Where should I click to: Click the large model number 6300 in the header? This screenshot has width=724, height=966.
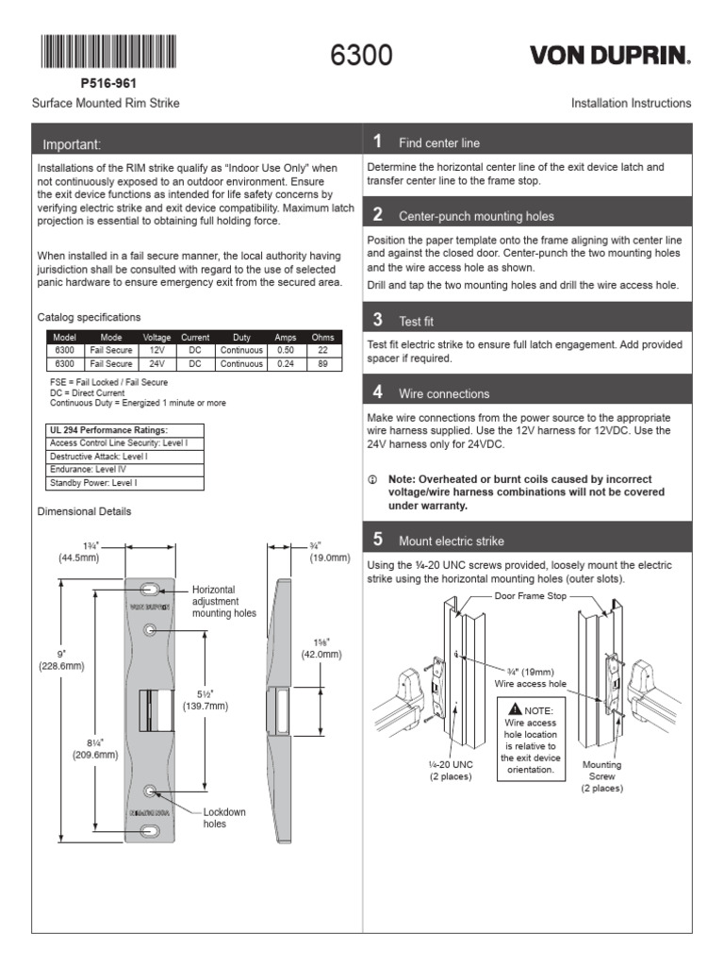(361, 56)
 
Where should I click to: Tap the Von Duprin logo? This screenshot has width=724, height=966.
(610, 56)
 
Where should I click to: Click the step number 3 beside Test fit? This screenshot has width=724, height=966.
(377, 320)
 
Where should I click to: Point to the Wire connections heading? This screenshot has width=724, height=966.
(444, 393)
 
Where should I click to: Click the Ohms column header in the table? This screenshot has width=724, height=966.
(322, 337)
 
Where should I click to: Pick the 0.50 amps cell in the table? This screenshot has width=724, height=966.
(285, 350)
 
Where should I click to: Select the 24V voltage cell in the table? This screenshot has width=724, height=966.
(156, 363)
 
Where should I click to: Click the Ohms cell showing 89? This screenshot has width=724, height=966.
(322, 363)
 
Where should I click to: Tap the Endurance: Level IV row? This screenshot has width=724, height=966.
(88, 469)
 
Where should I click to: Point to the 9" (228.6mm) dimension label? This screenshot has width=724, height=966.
(61, 658)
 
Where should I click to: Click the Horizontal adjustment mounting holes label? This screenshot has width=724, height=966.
(223, 601)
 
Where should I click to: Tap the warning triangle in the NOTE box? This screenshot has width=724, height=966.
(514, 709)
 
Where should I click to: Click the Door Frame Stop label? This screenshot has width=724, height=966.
(530, 596)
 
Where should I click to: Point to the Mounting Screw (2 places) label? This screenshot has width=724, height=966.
(601, 775)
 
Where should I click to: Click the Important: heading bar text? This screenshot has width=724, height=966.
(72, 144)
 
